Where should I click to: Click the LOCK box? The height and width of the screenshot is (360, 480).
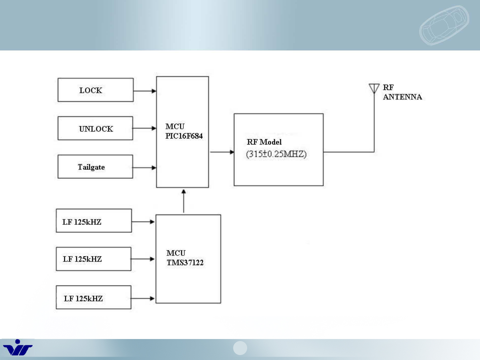(x=96, y=90)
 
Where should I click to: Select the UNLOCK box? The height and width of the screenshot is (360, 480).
(x=95, y=128)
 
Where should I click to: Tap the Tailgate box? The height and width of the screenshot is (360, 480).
(x=95, y=167)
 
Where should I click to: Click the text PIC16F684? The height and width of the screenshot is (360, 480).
(x=184, y=136)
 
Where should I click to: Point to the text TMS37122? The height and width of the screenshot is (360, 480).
(x=185, y=262)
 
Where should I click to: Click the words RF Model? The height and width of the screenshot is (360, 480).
(x=264, y=142)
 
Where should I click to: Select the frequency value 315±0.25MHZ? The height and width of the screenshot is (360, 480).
(x=276, y=154)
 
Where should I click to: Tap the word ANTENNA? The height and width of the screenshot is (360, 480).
(x=402, y=97)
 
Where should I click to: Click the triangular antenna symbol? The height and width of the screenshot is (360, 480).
(x=374, y=88)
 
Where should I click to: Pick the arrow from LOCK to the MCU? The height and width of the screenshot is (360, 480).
(x=145, y=91)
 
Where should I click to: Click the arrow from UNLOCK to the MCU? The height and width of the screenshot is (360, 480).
(x=145, y=128)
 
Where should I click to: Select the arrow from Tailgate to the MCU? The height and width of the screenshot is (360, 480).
(x=145, y=168)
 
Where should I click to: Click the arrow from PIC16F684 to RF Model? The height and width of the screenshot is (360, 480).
(x=222, y=152)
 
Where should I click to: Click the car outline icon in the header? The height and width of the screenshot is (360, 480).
(x=444, y=25)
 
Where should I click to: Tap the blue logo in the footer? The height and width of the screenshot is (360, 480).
(x=18, y=348)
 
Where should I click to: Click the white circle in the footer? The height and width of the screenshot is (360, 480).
(x=240, y=348)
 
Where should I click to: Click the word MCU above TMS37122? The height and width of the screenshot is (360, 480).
(x=176, y=253)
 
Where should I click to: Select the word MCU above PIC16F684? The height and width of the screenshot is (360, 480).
(x=175, y=127)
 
